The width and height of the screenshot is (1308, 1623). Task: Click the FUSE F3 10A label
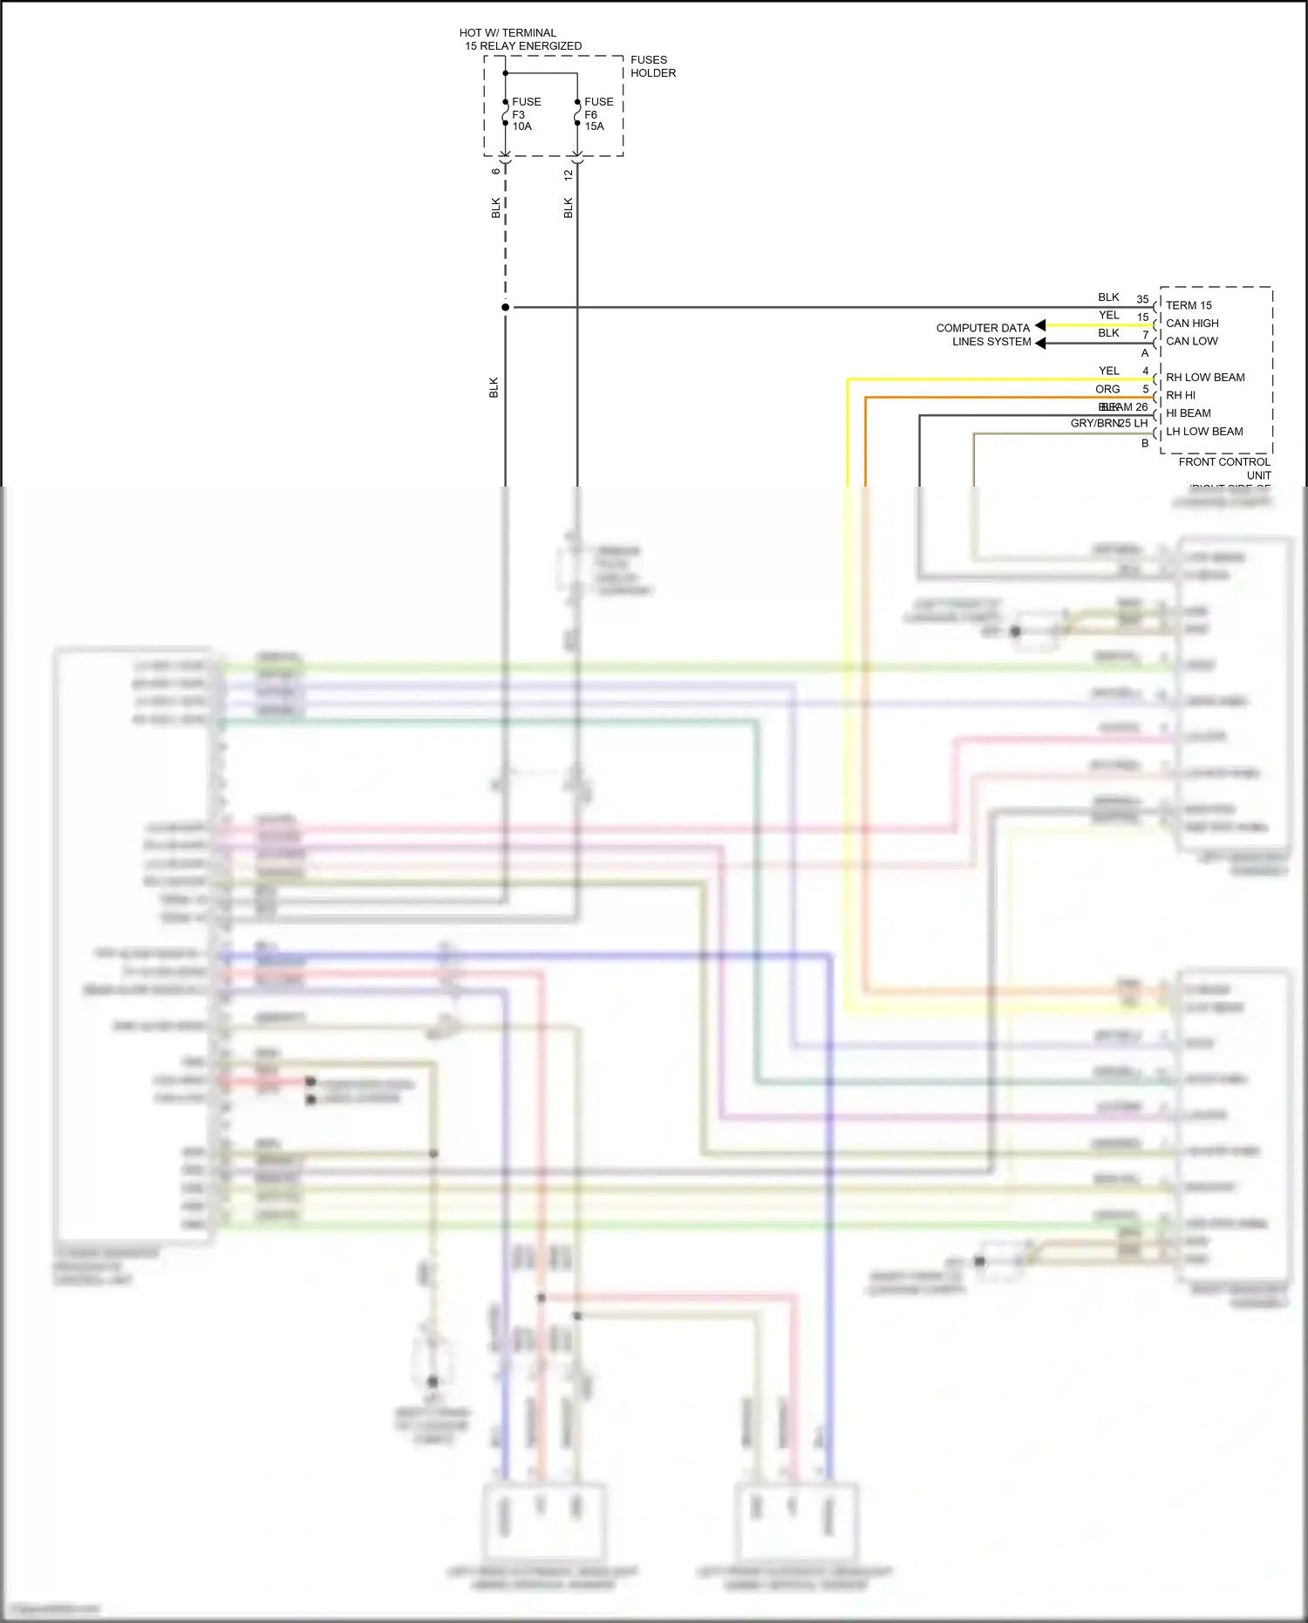click(x=526, y=114)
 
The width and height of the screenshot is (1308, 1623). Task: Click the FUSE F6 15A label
click(x=598, y=114)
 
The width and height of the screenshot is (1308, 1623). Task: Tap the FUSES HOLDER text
click(x=652, y=66)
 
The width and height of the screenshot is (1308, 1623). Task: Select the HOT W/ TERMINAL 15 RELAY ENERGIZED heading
click(x=521, y=39)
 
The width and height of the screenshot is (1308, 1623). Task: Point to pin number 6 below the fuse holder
click(x=496, y=171)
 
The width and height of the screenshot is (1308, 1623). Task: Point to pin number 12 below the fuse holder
click(x=569, y=174)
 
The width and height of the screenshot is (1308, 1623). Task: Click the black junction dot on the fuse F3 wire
click(x=506, y=307)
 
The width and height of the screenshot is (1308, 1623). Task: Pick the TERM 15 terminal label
click(x=1189, y=305)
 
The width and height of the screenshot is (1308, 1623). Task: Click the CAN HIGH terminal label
click(x=1192, y=324)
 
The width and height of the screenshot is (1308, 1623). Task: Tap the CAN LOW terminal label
click(x=1191, y=341)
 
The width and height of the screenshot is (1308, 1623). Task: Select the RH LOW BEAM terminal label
click(x=1205, y=378)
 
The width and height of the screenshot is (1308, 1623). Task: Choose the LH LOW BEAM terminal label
click(x=1204, y=432)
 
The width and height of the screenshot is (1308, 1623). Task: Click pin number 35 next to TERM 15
click(x=1142, y=299)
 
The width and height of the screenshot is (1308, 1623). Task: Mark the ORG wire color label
click(x=1107, y=389)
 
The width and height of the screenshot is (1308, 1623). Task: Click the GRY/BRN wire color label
click(x=1094, y=423)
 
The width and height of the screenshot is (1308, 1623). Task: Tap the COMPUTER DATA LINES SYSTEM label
click(x=984, y=335)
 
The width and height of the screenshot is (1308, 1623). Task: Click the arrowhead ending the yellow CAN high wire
click(x=1040, y=325)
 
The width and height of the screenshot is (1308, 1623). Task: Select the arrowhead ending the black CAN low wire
click(x=1040, y=343)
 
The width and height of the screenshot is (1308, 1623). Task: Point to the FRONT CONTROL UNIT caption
click(x=1224, y=468)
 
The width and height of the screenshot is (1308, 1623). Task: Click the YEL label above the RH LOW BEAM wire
click(x=1108, y=371)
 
